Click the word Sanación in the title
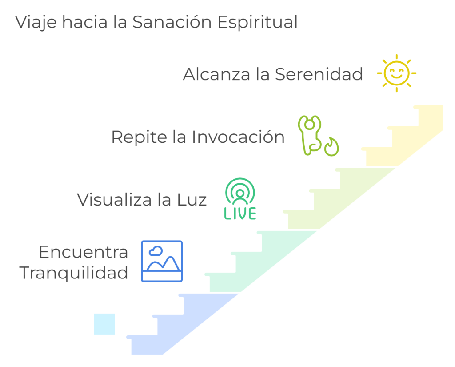click(x=172, y=22)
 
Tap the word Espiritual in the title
click(x=257, y=22)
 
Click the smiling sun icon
click(x=397, y=73)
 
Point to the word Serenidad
click(x=319, y=74)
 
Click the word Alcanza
click(x=216, y=74)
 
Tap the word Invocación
click(x=238, y=137)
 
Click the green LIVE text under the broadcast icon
click(x=240, y=213)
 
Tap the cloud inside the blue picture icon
click(x=156, y=251)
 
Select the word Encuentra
click(x=84, y=252)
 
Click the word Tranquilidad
click(x=74, y=273)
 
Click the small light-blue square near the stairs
click(x=104, y=324)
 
